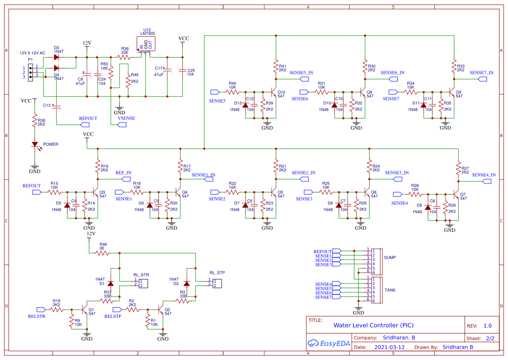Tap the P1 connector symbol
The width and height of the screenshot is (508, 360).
(30, 72)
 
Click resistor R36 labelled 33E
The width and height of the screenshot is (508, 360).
(124, 57)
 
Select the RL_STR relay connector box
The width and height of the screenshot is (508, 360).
(143, 283)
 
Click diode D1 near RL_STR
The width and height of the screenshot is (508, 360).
(110, 283)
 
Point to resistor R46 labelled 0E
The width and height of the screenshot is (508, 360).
(103, 253)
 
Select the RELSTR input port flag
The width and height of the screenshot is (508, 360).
(41, 310)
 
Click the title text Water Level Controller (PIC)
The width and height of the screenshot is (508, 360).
(373, 325)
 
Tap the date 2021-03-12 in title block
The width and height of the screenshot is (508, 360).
(389, 347)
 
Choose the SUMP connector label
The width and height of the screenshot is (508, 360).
(390, 257)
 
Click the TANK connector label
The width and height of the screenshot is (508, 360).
(390, 290)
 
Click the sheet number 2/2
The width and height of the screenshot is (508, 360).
(490, 338)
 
